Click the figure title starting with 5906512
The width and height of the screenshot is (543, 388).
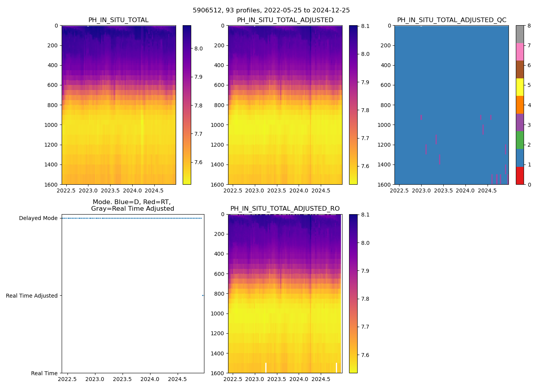pyautogui.click(x=271, y=10)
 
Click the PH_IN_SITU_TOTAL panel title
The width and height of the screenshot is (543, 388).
pyautogui.click(x=118, y=20)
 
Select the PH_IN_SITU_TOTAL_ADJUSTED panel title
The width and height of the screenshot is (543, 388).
pyautogui.click(x=285, y=20)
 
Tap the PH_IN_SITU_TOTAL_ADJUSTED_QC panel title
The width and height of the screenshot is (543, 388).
pyautogui.click(x=451, y=20)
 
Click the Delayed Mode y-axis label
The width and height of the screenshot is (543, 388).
pyautogui.click(x=38, y=218)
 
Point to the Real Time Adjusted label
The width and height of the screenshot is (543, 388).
pyautogui.click(x=32, y=296)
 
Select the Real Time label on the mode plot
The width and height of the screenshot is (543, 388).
pyautogui.click(x=44, y=373)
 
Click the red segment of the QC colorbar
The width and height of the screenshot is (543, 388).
pyautogui.click(x=520, y=175)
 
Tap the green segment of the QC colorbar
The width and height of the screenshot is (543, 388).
pyautogui.click(x=520, y=140)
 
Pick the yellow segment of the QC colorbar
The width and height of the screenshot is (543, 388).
pyautogui.click(x=520, y=87)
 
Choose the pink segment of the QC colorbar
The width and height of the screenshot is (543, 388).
pyautogui.click(x=520, y=52)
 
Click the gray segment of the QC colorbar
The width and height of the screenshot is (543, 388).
pyautogui.click(x=520, y=34)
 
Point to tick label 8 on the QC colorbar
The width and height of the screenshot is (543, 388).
pyautogui.click(x=529, y=26)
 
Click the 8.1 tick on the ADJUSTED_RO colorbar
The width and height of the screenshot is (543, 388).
pyautogui.click(x=365, y=215)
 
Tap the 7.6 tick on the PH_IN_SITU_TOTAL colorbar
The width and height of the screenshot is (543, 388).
pyautogui.click(x=198, y=162)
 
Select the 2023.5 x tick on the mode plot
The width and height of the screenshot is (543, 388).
pyautogui.click(x=123, y=379)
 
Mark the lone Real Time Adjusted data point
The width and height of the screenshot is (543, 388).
pyautogui.click(x=202, y=296)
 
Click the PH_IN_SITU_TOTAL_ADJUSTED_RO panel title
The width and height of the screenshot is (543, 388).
pyautogui.click(x=285, y=209)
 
